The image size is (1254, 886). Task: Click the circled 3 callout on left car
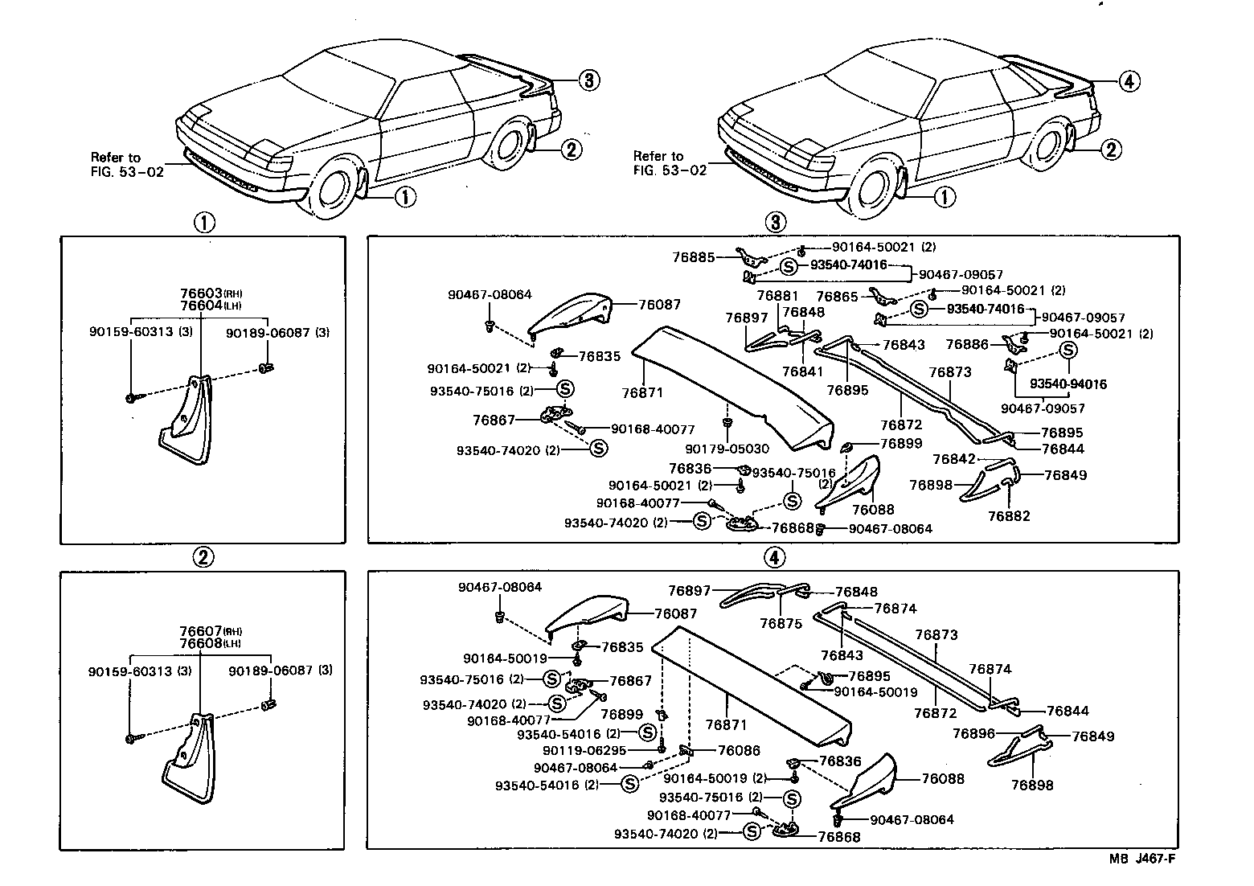click(x=588, y=80)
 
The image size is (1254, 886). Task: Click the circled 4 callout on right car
click(x=1129, y=80)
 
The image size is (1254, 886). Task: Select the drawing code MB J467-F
click(x=1142, y=859)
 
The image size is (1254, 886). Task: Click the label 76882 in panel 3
click(x=1008, y=516)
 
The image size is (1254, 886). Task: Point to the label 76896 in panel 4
click(x=973, y=733)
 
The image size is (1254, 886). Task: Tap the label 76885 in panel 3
click(x=693, y=257)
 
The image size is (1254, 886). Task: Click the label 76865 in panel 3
click(x=837, y=297)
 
